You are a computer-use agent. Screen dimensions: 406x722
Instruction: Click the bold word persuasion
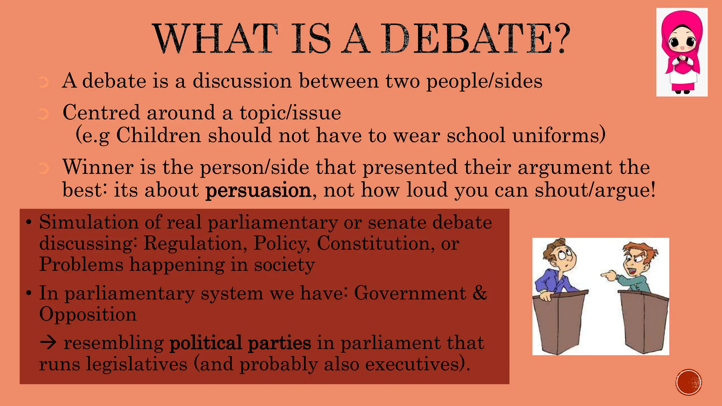click(x=258, y=190)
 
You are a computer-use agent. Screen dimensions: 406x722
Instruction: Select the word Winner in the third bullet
click(x=98, y=167)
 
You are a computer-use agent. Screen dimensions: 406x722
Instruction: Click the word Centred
click(x=101, y=113)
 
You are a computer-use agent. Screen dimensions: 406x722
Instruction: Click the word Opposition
click(x=88, y=314)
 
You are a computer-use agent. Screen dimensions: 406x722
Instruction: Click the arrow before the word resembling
click(x=48, y=343)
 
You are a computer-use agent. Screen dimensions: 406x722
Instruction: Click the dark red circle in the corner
click(x=689, y=382)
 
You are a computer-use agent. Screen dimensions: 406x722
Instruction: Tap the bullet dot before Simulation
click(x=29, y=223)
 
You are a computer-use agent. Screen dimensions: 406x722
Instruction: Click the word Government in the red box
click(x=410, y=293)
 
